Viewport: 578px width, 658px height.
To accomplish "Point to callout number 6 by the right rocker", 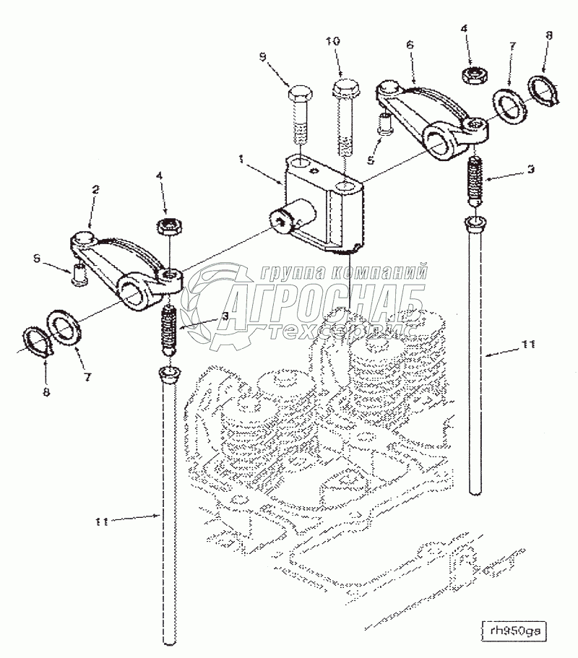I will tap(410, 44).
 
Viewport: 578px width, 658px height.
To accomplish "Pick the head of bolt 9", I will tap(301, 95).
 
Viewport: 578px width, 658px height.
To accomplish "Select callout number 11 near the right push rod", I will tap(530, 346).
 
